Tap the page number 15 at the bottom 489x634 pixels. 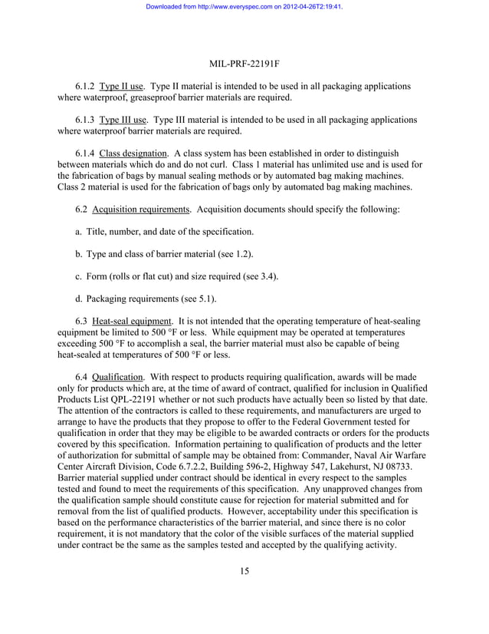pyautogui.click(x=244, y=570)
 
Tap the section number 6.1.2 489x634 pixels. pyautogui.click(x=85, y=87)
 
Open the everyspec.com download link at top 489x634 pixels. pyautogui.click(x=244, y=6)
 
